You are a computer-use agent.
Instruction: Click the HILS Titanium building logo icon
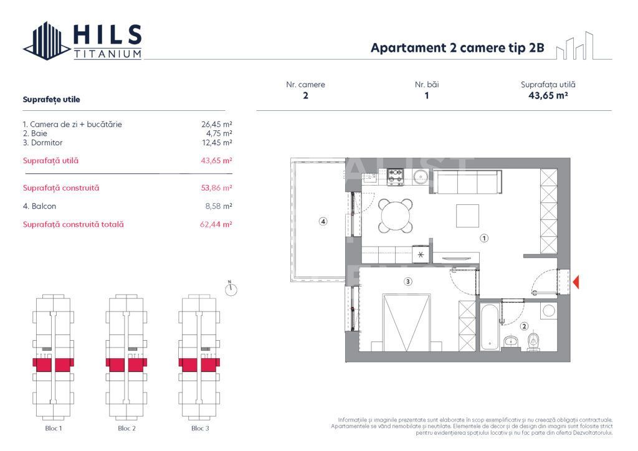point(47,41)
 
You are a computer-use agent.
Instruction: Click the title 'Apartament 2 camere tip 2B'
point(457,49)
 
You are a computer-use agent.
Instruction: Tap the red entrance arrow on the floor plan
point(576,282)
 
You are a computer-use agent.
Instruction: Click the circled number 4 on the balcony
point(323,221)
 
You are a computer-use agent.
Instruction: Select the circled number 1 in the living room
point(483,237)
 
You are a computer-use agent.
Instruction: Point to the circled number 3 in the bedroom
point(407,282)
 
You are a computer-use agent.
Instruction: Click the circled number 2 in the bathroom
point(524,326)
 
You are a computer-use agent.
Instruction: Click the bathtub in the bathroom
point(490,325)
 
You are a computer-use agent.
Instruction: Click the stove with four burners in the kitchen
point(396,177)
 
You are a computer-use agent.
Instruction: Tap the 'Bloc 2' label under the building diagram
point(126,429)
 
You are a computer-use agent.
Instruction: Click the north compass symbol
point(231,288)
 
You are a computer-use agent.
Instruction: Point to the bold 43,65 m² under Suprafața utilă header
point(548,96)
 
